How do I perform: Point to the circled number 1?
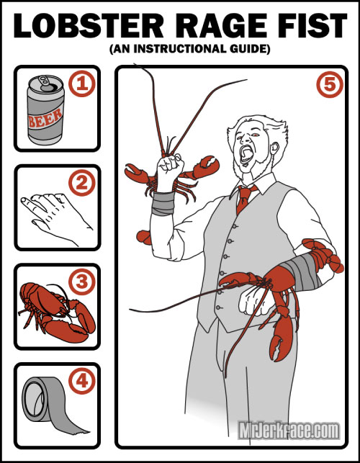tap(82, 84)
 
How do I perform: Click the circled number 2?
tap(82, 183)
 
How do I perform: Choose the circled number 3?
tap(82, 282)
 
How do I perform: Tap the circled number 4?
tap(82, 381)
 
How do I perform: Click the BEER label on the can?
tap(45, 118)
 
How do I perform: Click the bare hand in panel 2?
tap(56, 217)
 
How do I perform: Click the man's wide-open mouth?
tap(246, 154)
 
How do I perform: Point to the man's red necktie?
tap(244, 198)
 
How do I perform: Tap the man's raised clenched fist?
tap(169, 171)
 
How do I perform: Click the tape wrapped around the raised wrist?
tap(163, 203)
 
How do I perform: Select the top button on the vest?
tap(235, 227)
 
